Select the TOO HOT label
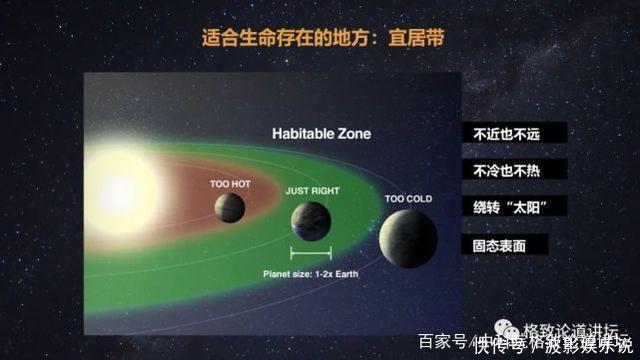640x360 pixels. tap(229, 184)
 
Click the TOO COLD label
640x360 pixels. tap(408, 199)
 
